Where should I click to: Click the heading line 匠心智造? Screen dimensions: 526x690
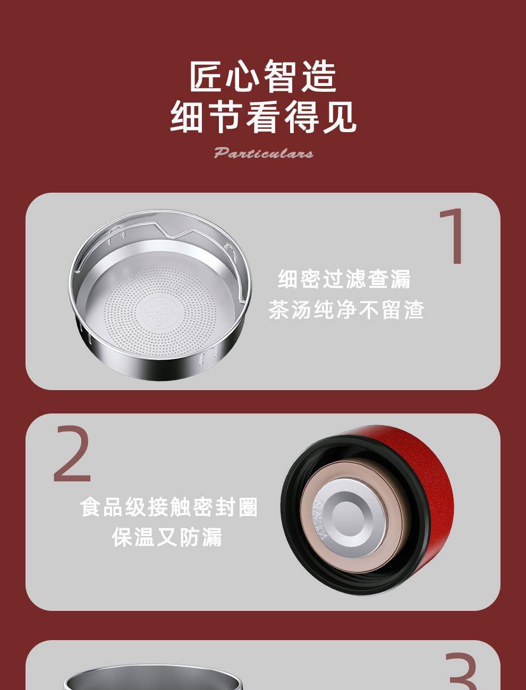[x=263, y=76]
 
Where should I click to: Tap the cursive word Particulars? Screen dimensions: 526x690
[x=264, y=153]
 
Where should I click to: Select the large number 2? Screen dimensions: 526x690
[x=72, y=454]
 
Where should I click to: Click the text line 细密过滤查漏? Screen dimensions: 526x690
[x=344, y=279]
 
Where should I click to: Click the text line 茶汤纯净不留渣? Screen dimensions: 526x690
[x=346, y=309]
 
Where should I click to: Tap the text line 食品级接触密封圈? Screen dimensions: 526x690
[x=168, y=507]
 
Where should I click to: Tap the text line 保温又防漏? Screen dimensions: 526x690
[x=167, y=537]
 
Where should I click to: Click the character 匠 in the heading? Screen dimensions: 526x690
[x=207, y=76]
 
